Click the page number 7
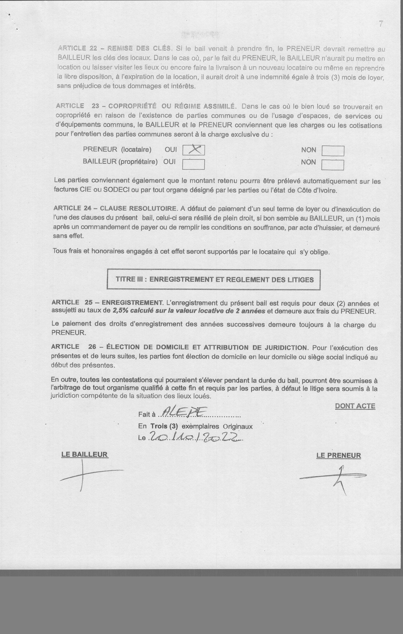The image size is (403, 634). click(x=380, y=24)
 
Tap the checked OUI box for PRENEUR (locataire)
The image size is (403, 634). click(x=194, y=150)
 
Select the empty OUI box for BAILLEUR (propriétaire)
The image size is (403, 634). click(x=194, y=164)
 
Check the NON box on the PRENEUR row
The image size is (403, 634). click(x=333, y=151)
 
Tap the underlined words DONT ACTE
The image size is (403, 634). click(x=355, y=406)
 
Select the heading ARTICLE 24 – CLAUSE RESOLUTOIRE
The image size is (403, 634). click(x=115, y=208)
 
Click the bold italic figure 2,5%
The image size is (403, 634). click(x=120, y=311)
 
